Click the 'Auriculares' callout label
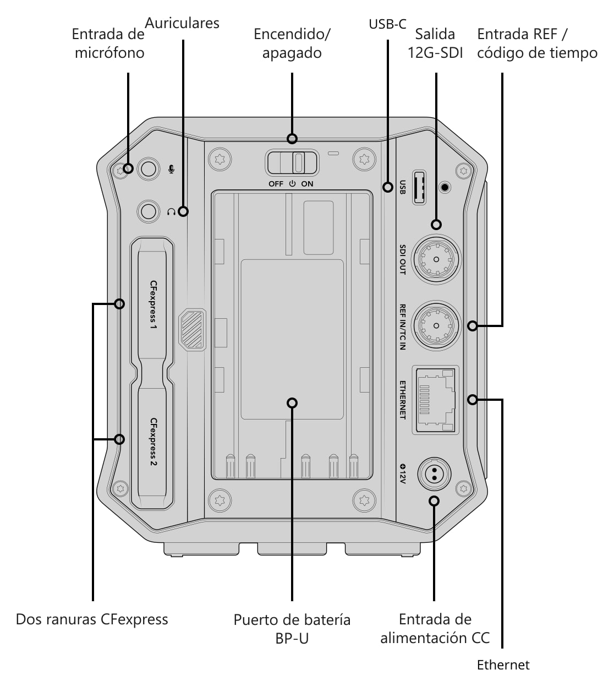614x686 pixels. pos(182,23)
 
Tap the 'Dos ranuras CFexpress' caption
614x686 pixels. pos(92,619)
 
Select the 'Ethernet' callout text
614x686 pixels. pos(503,665)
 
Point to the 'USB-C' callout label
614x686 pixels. pos(387,24)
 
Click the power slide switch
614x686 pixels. pos(292,163)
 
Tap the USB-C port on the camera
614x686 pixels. pos(419,187)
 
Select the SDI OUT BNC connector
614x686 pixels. pos(436,259)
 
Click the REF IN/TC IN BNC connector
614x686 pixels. pos(436,326)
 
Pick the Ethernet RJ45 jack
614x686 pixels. pos(435,400)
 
